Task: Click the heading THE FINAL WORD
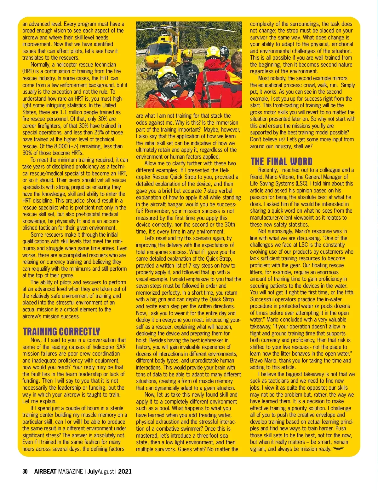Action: (x=281, y=162)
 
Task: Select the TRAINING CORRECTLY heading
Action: (x=61, y=332)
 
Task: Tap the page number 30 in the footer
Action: (x=25, y=472)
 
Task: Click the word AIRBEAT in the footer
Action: (x=45, y=472)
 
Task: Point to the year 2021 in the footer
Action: (x=125, y=472)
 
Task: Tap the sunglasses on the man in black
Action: (x=187, y=59)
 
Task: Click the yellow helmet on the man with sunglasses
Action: (x=187, y=53)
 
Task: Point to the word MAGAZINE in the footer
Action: (x=71, y=472)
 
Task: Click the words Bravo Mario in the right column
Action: (x=263, y=361)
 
